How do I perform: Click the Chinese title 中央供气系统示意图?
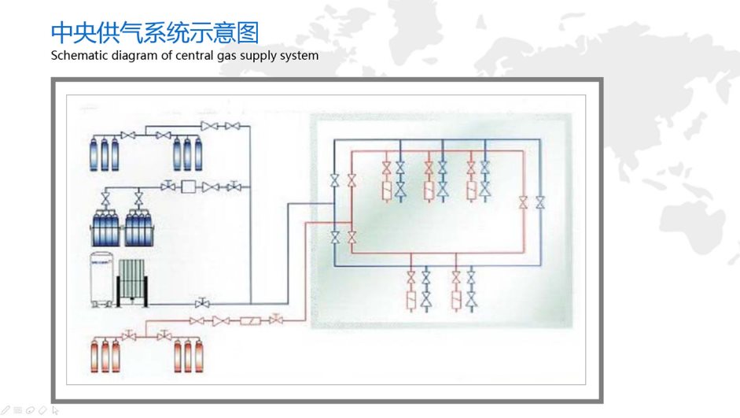[x=155, y=32]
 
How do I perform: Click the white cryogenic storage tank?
[x=102, y=279]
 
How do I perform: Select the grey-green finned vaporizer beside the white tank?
[x=132, y=283]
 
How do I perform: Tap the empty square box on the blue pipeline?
[x=188, y=187]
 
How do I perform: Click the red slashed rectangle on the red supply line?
[x=251, y=321]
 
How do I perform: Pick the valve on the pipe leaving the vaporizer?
[x=202, y=303]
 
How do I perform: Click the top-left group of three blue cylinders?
[x=105, y=154]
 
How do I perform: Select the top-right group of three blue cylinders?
[x=187, y=154]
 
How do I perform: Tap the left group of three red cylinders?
[x=105, y=355]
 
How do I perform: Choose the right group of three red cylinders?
[x=188, y=355]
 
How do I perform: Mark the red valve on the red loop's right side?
[x=523, y=202]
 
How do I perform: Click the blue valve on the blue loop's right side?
[x=540, y=202]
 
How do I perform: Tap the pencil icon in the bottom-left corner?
[x=6, y=410]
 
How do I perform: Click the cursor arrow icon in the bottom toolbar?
[x=55, y=410]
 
